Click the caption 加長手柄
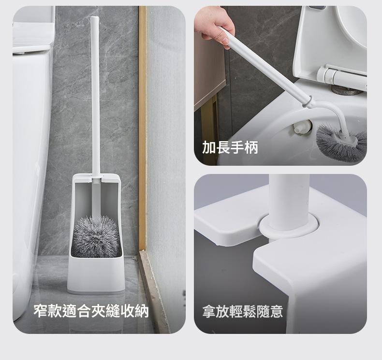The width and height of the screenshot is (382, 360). coord(230,147)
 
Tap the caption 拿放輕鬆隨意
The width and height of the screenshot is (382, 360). coord(243,311)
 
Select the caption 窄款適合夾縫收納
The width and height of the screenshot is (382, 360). coord(91,311)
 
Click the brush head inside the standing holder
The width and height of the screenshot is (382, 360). coord(97,237)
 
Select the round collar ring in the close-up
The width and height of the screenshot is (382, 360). coord(289,226)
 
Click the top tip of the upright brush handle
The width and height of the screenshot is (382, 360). coord(94,17)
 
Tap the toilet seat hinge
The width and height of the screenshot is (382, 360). coord(341,75)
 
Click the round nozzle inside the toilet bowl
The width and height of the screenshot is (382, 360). coord(303,127)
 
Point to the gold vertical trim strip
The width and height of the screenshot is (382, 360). coord(142,129)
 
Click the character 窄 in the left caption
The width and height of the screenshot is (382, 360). coord(40,311)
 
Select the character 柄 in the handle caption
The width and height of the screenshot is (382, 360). coord(251,147)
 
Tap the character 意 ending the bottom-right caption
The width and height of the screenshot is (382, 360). coord(276,311)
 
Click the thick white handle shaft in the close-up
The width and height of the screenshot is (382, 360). coord(289,200)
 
